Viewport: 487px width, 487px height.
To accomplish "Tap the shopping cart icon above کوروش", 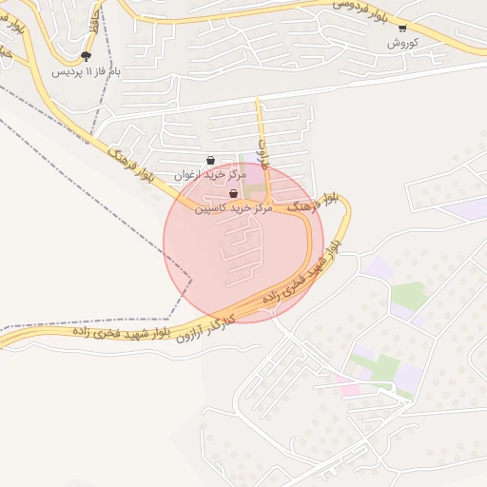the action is click(401, 29).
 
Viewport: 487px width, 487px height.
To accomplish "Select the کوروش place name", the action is click(402, 44).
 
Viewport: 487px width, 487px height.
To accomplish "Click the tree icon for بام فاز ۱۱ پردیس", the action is click(86, 57).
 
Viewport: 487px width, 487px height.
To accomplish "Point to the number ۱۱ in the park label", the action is click(89, 72).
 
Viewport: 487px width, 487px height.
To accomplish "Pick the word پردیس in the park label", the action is click(65, 72).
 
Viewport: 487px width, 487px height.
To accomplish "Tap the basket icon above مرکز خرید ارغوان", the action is click(210, 161).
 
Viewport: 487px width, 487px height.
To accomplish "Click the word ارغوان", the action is click(188, 176).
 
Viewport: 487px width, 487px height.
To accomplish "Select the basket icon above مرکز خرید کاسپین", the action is click(234, 193).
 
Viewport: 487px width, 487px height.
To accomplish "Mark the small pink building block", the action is click(348, 389).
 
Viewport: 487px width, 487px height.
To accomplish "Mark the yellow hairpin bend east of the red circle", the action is click(346, 204).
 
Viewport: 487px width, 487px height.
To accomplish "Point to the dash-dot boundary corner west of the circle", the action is click(190, 279).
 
